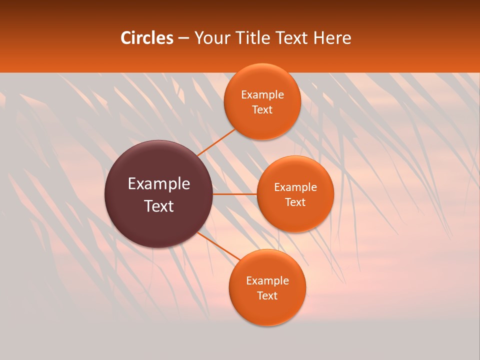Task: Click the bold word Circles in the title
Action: [146, 38]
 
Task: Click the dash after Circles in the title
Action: [183, 38]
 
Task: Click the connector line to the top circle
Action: [216, 142]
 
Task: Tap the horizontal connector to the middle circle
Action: [234, 194]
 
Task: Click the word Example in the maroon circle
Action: [159, 184]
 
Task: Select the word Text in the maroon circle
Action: [159, 206]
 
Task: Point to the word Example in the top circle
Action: [262, 95]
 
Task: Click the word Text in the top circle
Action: [262, 109]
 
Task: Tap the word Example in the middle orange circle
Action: [295, 187]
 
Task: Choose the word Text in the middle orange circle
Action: [295, 202]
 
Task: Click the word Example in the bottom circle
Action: [267, 281]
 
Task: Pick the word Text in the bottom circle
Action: [267, 295]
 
